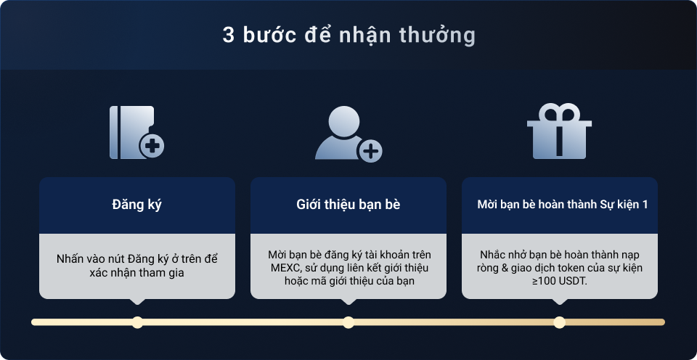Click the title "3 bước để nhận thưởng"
coord(349,36)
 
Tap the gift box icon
coord(559,131)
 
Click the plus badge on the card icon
coord(152,146)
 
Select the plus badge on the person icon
coord(370,151)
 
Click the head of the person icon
coord(343,121)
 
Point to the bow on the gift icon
coord(559,112)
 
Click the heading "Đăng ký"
coord(137,205)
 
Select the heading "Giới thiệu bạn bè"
coord(348,205)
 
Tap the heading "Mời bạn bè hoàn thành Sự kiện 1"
coord(562,205)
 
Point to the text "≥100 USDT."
coord(559,282)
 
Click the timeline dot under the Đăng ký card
coord(137,322)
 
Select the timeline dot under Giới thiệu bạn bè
coord(348,322)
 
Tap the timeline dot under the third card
coord(559,322)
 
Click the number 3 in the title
coord(228,36)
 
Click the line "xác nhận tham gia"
coord(137,272)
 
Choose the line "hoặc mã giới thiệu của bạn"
coord(349,282)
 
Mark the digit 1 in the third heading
coord(645,205)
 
